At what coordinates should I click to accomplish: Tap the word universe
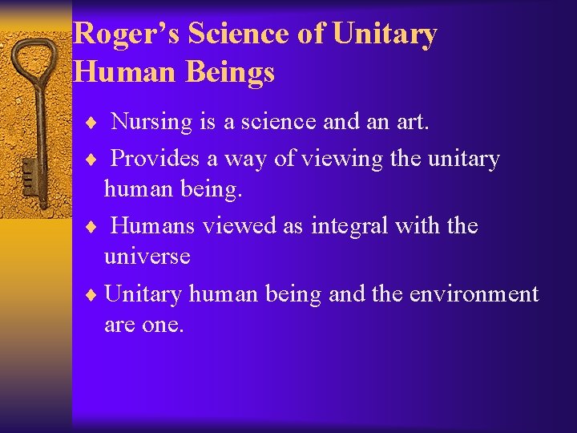point(147,257)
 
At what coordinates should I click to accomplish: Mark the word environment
point(474,294)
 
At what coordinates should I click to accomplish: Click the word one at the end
point(164,326)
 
